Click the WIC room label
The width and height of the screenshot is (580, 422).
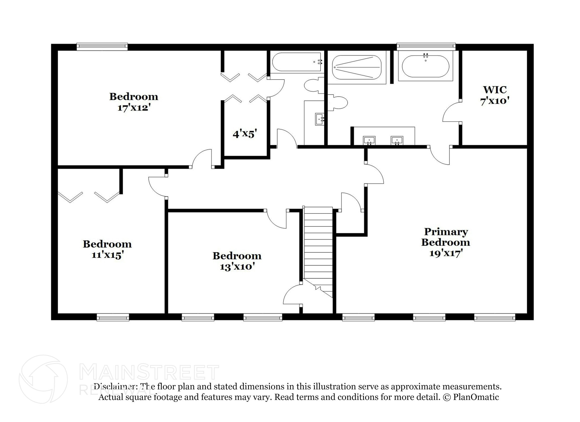(x=494, y=90)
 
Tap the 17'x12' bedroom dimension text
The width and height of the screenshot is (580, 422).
(x=133, y=108)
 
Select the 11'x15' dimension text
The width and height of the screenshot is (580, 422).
(x=107, y=255)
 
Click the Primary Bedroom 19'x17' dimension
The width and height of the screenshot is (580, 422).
(x=446, y=253)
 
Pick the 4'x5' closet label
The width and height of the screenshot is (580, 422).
(x=245, y=133)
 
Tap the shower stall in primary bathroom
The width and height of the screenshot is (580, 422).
(x=357, y=67)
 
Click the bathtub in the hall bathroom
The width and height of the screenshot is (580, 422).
(x=296, y=62)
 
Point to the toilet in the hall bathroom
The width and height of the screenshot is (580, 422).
(x=313, y=85)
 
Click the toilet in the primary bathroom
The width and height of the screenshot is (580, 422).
(x=339, y=103)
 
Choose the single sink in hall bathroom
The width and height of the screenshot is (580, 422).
(x=320, y=119)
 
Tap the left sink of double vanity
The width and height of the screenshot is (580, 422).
(x=369, y=140)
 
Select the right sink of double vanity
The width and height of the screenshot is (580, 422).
(x=397, y=140)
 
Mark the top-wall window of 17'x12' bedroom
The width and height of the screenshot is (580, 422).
(x=102, y=46)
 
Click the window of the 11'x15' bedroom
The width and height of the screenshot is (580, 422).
(x=113, y=317)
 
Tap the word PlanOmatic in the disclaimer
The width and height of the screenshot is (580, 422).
(x=476, y=397)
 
